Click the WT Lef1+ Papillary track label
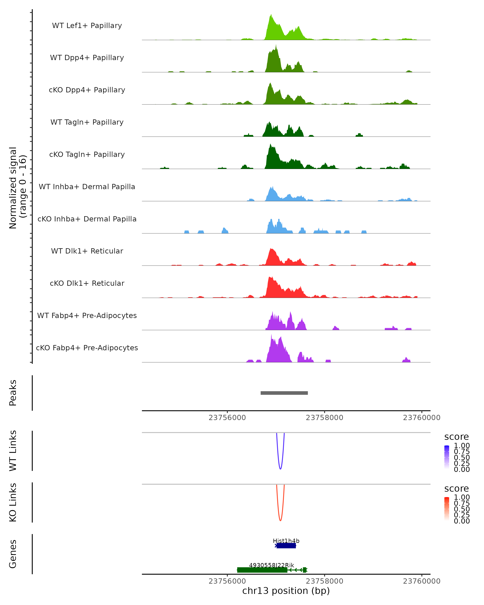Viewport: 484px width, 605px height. (x=87, y=26)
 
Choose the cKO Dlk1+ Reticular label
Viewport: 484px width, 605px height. (x=87, y=283)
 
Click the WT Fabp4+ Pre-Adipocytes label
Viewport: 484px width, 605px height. (x=87, y=315)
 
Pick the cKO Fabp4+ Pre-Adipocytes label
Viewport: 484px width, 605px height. (x=87, y=348)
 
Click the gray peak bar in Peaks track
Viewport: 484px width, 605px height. (x=284, y=393)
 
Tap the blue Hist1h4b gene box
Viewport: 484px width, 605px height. (x=286, y=546)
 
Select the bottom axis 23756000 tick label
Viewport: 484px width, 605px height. (x=227, y=581)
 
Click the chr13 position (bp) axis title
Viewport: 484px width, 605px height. (x=286, y=591)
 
